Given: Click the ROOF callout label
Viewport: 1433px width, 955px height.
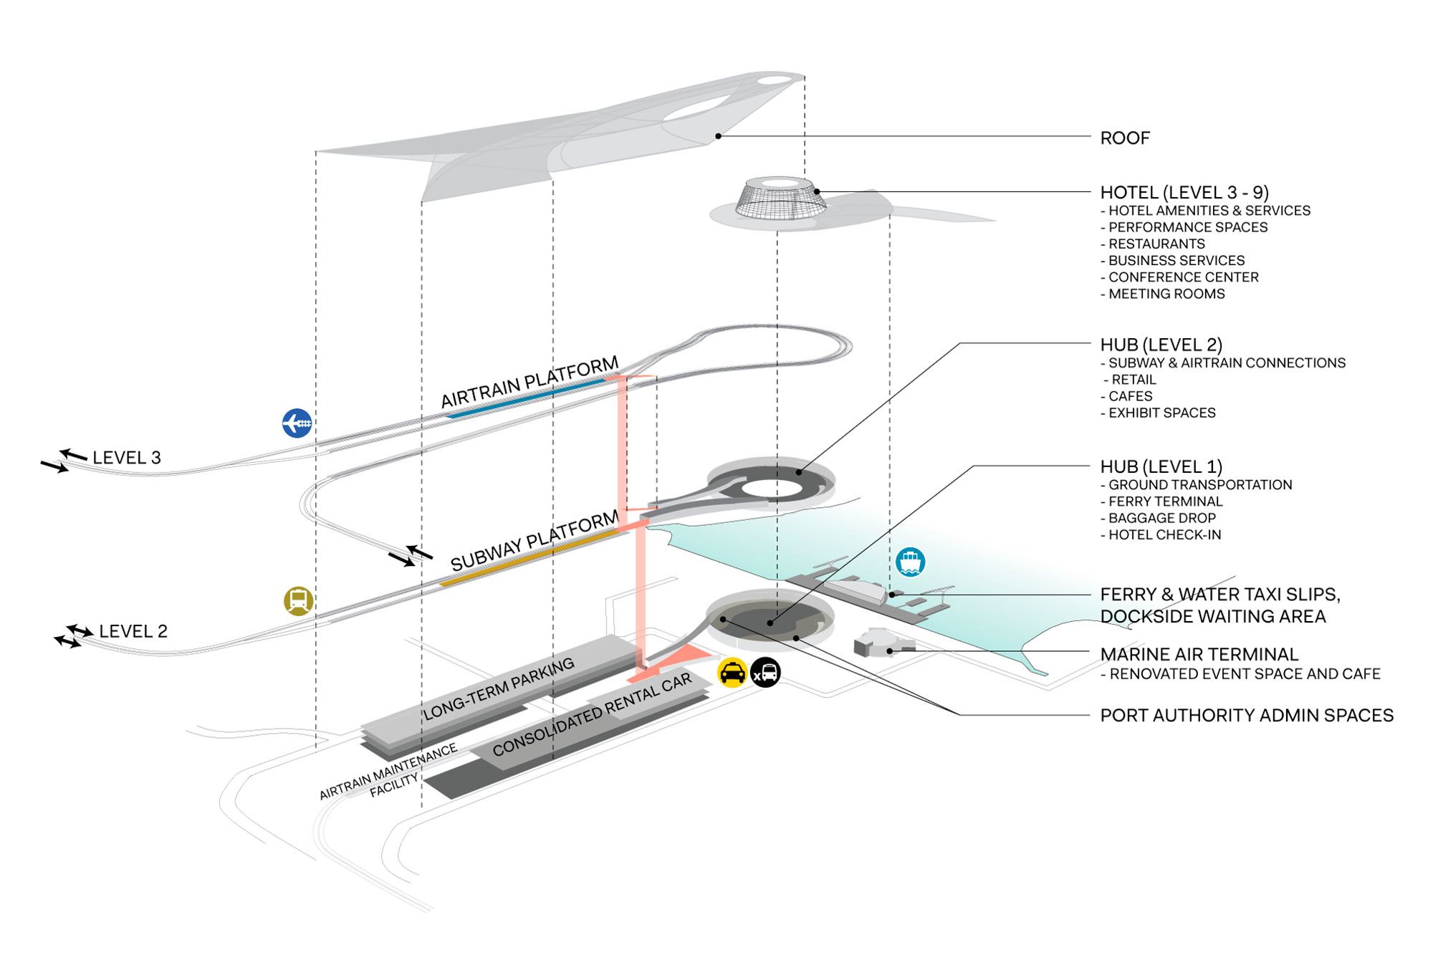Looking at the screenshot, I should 1124,138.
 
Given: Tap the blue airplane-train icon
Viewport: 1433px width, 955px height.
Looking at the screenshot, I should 297,423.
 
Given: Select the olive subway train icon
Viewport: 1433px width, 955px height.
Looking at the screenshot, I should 298,600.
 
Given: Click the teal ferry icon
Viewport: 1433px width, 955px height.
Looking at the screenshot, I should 910,562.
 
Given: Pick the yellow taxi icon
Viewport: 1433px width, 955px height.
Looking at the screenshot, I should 732,673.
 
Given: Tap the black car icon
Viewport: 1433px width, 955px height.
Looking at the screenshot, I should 765,673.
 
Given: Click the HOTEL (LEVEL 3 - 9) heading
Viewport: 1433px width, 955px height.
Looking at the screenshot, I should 1184,192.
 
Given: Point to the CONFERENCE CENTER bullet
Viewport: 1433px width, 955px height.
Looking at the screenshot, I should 1183,277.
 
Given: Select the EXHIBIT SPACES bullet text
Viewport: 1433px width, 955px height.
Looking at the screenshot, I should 1161,413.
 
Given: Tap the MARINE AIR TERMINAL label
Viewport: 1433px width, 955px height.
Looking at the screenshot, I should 1199,654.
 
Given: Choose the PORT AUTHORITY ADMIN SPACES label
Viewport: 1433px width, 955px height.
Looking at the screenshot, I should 1247,715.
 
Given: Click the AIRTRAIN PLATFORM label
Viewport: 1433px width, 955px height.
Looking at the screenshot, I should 529,383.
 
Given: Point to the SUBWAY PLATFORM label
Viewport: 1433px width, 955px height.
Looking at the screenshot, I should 534,541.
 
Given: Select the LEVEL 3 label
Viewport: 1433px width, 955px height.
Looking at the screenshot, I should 127,457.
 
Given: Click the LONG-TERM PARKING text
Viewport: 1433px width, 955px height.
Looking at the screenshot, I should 499,688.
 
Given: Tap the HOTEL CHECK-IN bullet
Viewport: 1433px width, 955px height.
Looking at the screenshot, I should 1164,534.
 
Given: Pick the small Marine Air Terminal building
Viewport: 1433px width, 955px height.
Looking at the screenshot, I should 876,642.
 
